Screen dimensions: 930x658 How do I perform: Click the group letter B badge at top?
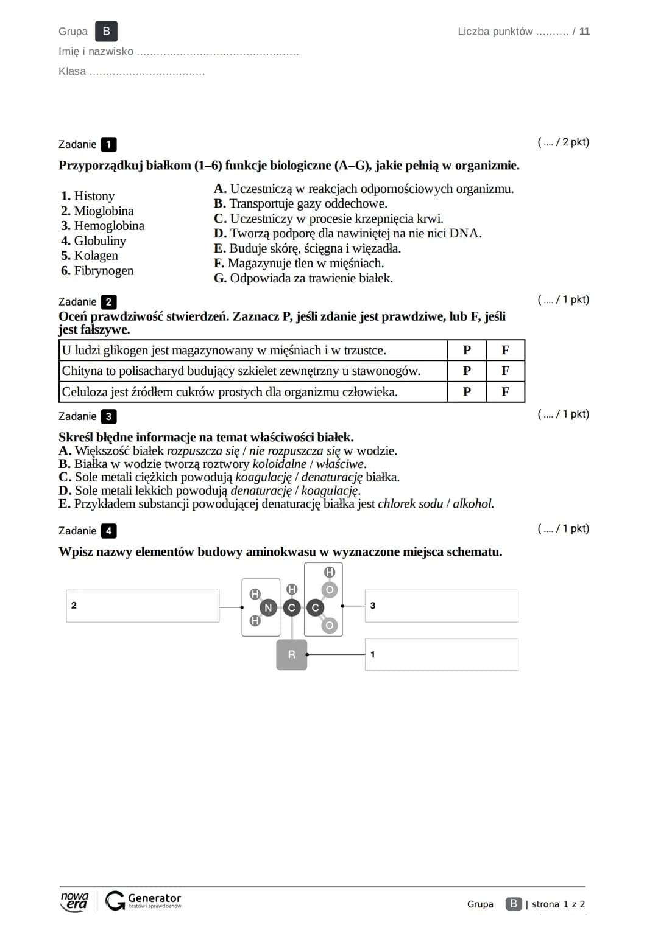(x=107, y=32)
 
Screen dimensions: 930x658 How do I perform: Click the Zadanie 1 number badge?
(x=108, y=145)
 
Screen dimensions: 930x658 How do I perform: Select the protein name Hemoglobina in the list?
(x=109, y=226)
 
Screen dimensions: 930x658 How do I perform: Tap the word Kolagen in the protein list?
(x=96, y=256)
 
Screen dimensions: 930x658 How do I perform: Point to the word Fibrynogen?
(x=104, y=271)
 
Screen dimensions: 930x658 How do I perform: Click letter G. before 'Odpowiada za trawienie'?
(x=220, y=279)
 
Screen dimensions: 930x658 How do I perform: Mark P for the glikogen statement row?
(x=467, y=350)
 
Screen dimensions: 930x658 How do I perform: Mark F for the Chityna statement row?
(x=505, y=371)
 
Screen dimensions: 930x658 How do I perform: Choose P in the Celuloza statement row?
(x=467, y=392)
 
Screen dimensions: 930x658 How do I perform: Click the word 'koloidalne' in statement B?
(x=280, y=464)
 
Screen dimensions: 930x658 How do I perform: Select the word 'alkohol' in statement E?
(x=473, y=504)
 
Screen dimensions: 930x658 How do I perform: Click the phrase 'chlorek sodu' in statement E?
(x=410, y=504)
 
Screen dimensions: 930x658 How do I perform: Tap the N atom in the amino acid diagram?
(x=268, y=607)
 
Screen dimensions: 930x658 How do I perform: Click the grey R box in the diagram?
(x=291, y=655)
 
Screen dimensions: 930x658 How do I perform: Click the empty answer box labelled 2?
(x=143, y=606)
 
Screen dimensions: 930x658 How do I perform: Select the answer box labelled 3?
(x=442, y=606)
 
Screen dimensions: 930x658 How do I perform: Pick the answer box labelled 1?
(x=442, y=655)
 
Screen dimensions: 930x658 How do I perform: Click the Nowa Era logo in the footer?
(x=74, y=901)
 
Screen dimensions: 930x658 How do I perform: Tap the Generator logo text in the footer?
(x=154, y=898)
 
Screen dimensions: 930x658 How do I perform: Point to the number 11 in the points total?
(x=584, y=32)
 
